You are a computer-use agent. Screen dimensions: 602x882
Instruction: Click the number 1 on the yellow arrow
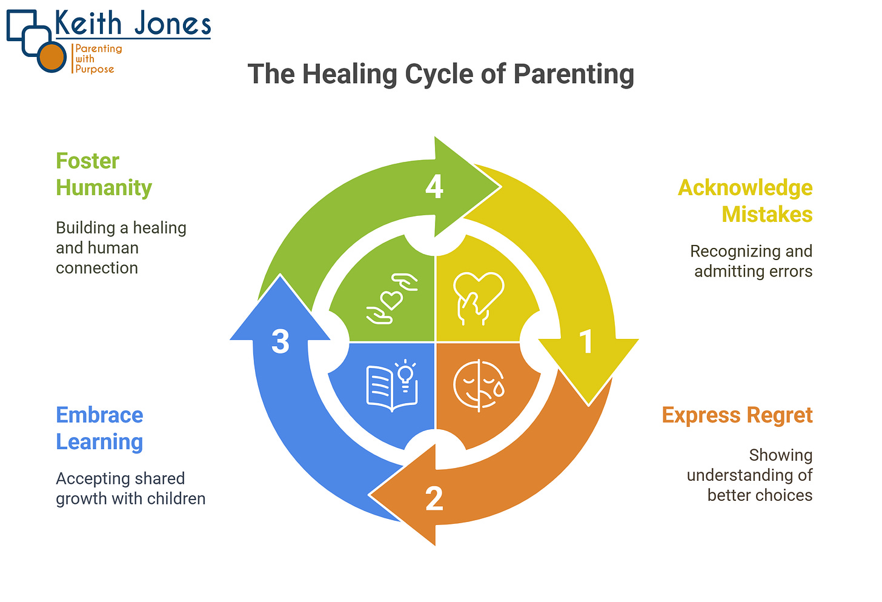tap(586, 342)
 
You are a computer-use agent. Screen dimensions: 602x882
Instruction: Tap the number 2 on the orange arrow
tap(434, 499)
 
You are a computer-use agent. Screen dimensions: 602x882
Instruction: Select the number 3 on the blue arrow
tap(280, 342)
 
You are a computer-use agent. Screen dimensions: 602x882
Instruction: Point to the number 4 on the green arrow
tap(434, 187)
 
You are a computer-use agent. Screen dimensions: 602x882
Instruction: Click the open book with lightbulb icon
tap(393, 386)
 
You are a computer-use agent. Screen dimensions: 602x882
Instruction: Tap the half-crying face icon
tap(479, 386)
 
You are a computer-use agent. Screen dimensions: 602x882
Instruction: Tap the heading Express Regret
tap(737, 415)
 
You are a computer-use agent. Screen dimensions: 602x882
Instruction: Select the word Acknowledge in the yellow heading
tap(745, 188)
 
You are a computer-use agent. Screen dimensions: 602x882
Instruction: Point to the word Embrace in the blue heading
tap(99, 415)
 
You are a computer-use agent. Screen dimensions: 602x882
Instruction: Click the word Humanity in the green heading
tap(104, 188)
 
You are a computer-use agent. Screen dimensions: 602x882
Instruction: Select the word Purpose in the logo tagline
tap(94, 69)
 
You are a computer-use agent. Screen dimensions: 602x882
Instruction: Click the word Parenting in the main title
tap(574, 75)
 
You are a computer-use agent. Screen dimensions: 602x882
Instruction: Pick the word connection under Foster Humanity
tap(97, 268)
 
